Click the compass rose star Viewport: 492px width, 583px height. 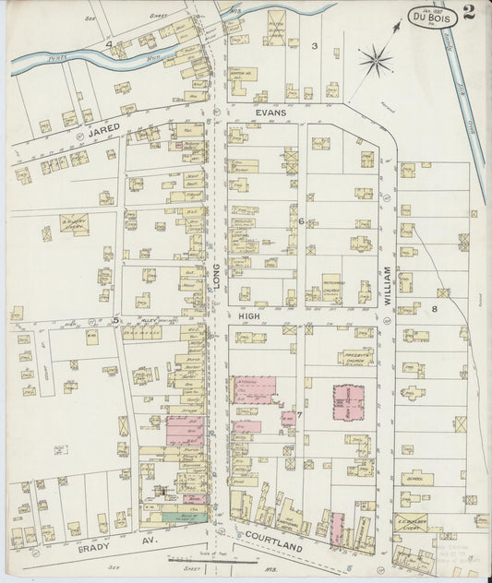click(x=375, y=62)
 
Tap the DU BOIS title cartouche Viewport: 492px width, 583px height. click(x=431, y=16)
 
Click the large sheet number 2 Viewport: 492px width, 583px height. click(x=470, y=12)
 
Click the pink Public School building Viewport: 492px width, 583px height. click(x=348, y=401)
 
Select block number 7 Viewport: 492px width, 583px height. click(x=300, y=416)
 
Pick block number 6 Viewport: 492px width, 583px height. click(x=301, y=221)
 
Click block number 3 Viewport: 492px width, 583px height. click(x=314, y=45)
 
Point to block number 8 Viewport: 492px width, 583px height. click(x=444, y=293)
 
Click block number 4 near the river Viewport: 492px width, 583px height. click(x=108, y=43)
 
